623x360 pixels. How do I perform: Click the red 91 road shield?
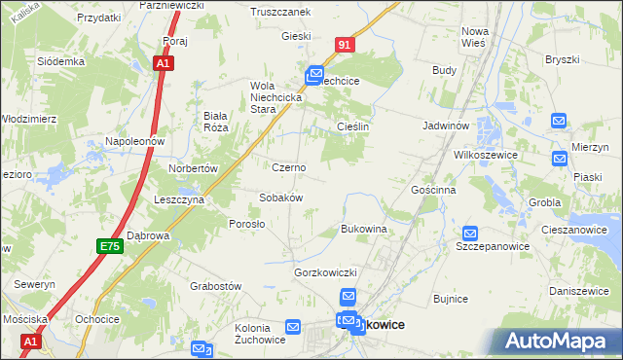(347, 45)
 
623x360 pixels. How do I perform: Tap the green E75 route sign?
(109, 248)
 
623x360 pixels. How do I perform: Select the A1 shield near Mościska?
(31, 342)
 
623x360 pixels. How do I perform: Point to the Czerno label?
(289, 167)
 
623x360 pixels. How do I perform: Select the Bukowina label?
(364, 229)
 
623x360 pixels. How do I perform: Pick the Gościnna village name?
(434, 190)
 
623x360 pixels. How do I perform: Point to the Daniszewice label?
(578, 291)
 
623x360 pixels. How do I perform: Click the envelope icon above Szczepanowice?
(471, 234)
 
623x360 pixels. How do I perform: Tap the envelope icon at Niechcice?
(314, 73)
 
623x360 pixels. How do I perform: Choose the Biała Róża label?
(215, 121)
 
